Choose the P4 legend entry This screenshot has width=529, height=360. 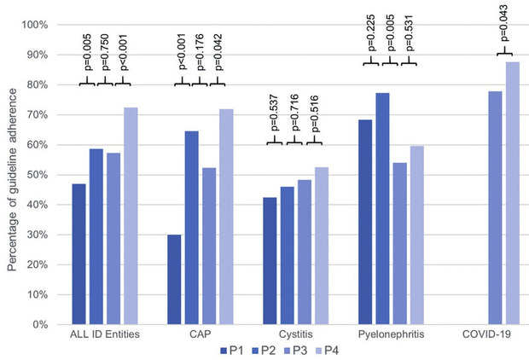(328, 349)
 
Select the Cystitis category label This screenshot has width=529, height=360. (296, 334)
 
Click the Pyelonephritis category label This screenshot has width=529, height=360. (391, 334)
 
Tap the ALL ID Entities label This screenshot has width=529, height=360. (106, 334)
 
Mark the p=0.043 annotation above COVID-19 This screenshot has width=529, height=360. (504, 36)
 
